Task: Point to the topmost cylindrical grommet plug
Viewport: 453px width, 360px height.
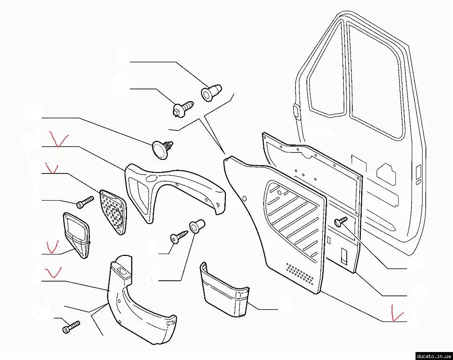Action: coord(211,91)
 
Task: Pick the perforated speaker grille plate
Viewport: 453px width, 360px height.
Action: coord(113,210)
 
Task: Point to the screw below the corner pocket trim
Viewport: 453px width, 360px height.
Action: coord(71,327)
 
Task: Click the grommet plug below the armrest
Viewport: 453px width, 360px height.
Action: coord(196,227)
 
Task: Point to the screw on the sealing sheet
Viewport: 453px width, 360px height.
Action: coord(341,221)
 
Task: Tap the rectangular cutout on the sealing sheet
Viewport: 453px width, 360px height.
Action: coord(344,256)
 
